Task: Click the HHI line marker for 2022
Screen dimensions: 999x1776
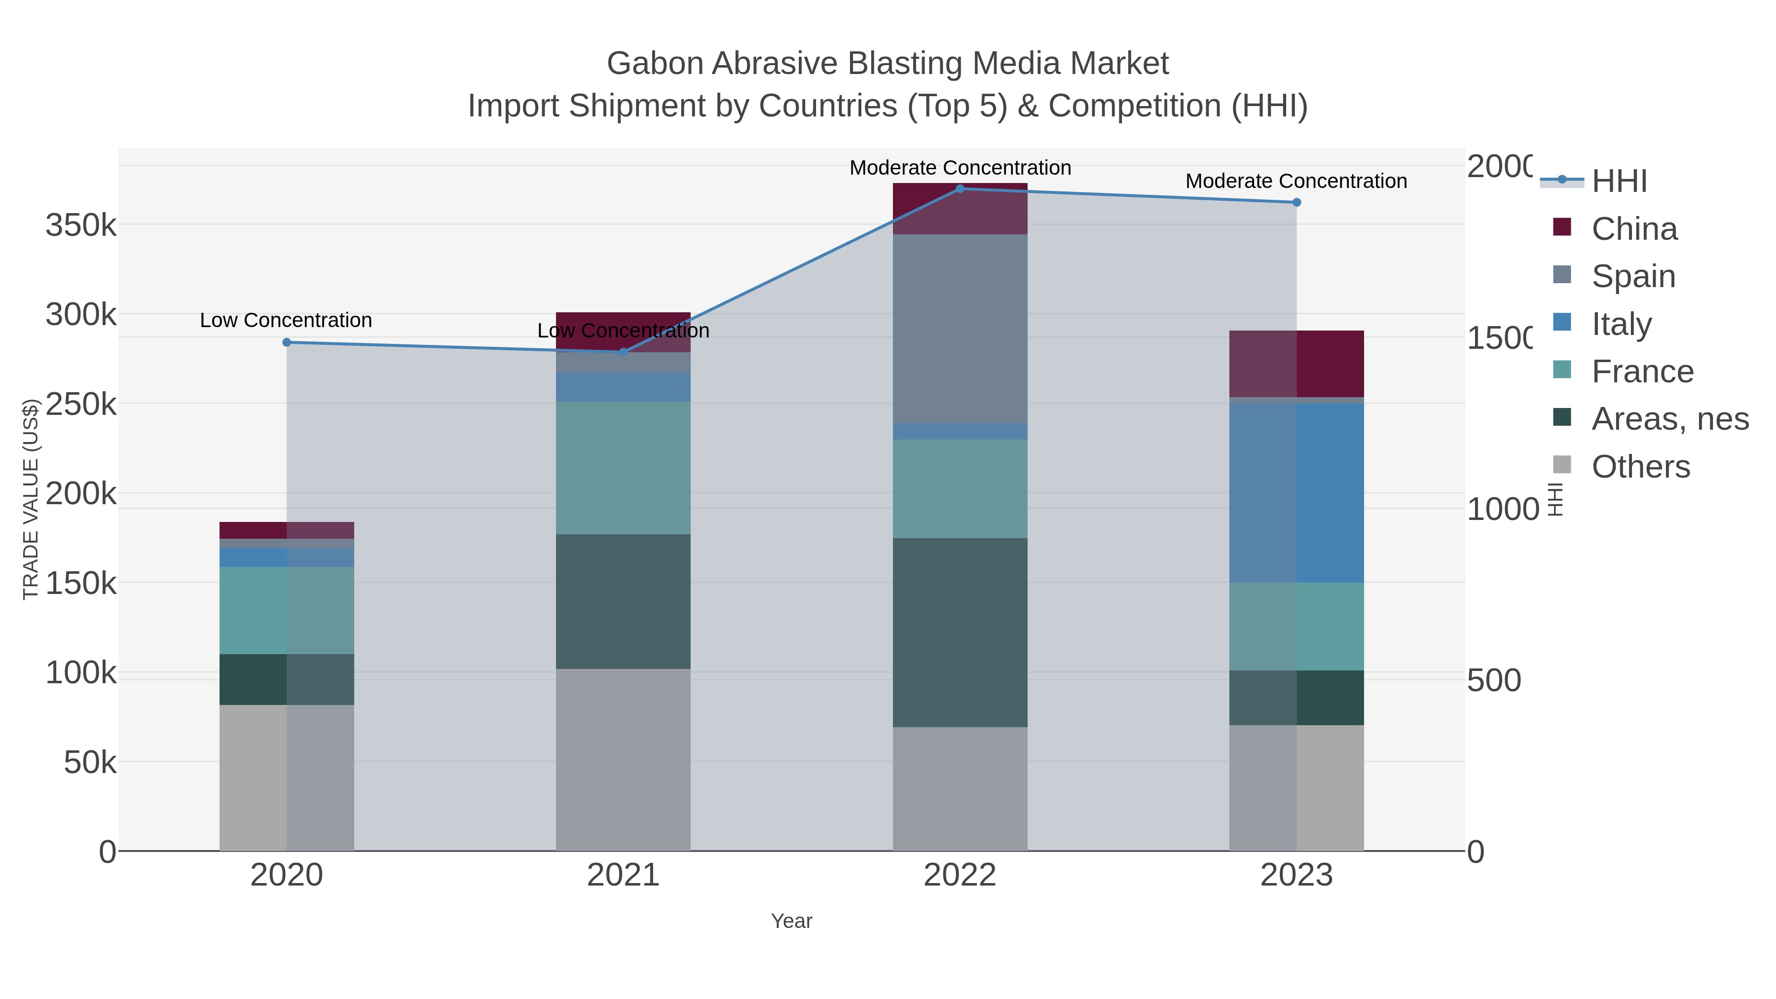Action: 960,189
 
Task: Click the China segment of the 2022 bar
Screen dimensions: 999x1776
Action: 960,209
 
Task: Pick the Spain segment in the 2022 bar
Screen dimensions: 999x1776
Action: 960,329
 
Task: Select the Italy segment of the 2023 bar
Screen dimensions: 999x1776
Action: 1296,493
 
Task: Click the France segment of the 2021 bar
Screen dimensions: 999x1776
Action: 623,468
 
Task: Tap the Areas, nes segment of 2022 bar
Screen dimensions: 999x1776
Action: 960,632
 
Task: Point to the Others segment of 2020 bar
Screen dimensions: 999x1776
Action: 287,777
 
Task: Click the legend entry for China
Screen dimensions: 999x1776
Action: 1634,229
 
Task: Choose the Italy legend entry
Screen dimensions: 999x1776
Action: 1621,324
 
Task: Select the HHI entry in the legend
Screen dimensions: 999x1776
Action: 1619,182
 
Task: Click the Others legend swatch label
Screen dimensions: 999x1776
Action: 1640,467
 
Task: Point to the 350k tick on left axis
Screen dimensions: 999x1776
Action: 81,225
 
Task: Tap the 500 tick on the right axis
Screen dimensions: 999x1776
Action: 1494,680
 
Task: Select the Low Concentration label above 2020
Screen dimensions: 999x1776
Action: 286,321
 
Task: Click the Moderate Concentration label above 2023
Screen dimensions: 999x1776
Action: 1296,182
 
